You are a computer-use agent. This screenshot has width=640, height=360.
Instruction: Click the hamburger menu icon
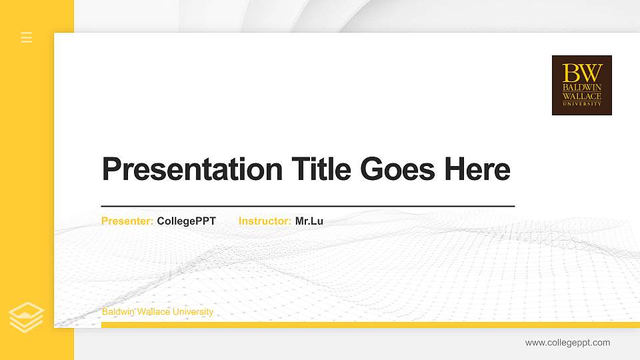click(x=27, y=37)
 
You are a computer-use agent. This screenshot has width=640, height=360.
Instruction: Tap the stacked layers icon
click(x=27, y=317)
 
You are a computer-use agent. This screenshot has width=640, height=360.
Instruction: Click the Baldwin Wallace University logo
click(x=581, y=85)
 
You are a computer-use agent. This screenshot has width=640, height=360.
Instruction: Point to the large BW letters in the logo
click(x=582, y=73)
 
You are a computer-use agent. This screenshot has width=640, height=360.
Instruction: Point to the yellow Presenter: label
click(x=127, y=221)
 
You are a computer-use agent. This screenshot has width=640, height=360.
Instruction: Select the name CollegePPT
click(x=187, y=221)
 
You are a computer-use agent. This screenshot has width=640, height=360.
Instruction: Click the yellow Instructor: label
click(x=265, y=221)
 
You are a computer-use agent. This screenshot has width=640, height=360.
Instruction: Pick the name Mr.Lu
click(x=309, y=221)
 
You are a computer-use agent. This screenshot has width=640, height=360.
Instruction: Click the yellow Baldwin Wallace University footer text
click(x=157, y=312)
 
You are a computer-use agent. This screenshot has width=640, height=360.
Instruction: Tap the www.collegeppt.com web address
click(x=567, y=343)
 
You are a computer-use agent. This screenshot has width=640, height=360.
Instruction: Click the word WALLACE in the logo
click(x=582, y=96)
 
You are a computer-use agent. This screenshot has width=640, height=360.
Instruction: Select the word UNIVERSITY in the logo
click(x=582, y=104)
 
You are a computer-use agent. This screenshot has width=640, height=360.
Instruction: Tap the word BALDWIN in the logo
click(x=582, y=87)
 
